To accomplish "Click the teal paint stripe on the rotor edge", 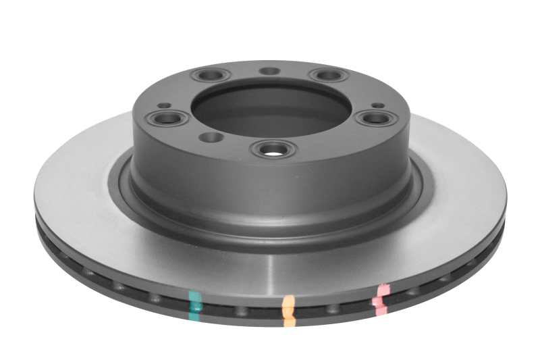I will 195,305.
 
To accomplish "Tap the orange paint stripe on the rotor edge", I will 289,311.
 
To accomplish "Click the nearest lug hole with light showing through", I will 273,148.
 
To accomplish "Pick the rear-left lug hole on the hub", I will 211,74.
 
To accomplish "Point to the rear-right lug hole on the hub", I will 327,74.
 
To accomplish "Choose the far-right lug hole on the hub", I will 375,118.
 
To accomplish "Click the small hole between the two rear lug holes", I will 269,70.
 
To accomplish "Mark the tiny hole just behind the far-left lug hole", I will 164,105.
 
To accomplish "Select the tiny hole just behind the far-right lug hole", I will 378,105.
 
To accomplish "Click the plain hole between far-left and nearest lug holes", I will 212,137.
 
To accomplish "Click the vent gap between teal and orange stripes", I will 241,311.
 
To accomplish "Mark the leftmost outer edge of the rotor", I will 35,203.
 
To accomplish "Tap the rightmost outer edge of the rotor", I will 506,203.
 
